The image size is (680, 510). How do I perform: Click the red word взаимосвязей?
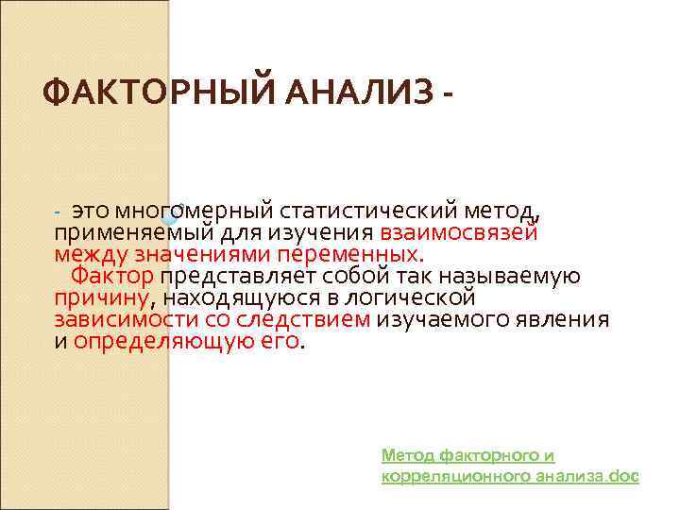[459, 231]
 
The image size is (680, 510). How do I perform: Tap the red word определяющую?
[151, 341]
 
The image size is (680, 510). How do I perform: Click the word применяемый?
[121, 231]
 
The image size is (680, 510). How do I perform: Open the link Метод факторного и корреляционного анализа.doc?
[510, 466]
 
